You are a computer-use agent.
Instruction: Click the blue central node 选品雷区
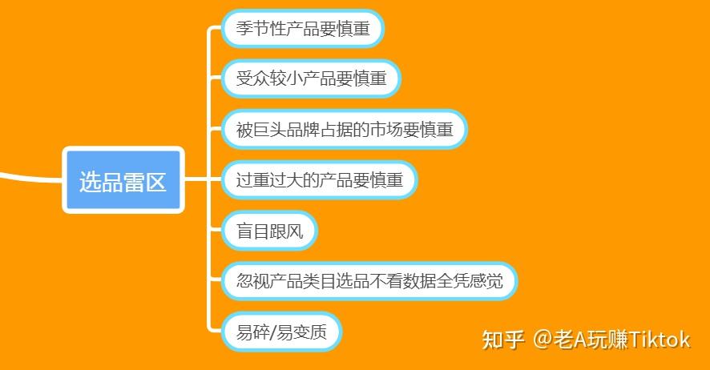click(123, 181)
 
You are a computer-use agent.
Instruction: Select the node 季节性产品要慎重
click(302, 28)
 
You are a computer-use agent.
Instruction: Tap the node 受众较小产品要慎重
click(310, 78)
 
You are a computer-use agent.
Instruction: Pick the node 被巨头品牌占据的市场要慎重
click(345, 129)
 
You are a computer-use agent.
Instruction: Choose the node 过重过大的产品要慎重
click(319, 179)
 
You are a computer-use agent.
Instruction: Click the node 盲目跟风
click(270, 231)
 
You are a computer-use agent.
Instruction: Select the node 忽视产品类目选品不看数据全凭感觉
click(369, 281)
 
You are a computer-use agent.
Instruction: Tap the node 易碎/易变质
click(281, 332)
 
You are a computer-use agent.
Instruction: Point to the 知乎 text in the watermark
click(502, 340)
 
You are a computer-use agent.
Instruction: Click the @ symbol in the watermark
click(543, 340)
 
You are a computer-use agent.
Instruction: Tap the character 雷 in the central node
click(133, 181)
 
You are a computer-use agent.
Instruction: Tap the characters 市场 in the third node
click(388, 129)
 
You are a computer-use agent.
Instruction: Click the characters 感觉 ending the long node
click(489, 281)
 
